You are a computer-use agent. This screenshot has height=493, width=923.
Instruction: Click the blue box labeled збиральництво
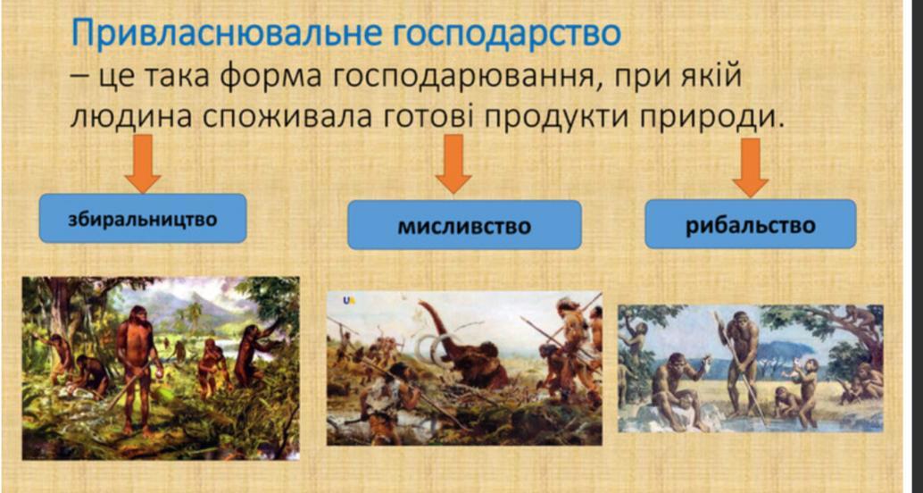pos(143,219)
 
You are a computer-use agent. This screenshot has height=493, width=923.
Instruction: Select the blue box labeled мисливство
pos(464,225)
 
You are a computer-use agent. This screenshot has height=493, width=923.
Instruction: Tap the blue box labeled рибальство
pos(751,224)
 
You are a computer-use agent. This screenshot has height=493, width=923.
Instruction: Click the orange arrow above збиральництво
pos(143,163)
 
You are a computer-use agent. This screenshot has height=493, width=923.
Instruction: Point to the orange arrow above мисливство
pos(453,163)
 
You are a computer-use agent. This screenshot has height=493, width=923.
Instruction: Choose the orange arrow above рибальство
pos(751,168)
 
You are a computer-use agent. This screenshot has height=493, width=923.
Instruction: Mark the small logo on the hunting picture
pos(348,300)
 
